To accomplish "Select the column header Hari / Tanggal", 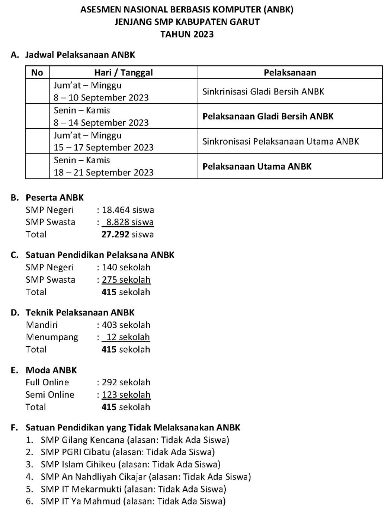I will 123,72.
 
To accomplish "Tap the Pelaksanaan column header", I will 290,72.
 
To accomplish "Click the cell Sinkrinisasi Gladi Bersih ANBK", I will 263,91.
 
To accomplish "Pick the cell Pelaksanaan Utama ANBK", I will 257,166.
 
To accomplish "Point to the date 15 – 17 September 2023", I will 103,147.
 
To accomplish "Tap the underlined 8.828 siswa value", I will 129,222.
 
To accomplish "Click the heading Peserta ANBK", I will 55,198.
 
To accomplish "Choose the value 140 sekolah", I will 126,267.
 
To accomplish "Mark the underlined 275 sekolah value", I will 126,280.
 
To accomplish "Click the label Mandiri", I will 42,325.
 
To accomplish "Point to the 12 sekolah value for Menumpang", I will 128,337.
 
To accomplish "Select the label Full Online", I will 47,382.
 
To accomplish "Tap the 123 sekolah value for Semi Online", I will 126,395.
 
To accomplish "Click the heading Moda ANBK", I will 51,370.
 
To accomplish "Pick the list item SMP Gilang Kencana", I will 82,440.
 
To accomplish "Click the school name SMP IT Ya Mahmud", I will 80,501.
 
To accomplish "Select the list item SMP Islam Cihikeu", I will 78,465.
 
